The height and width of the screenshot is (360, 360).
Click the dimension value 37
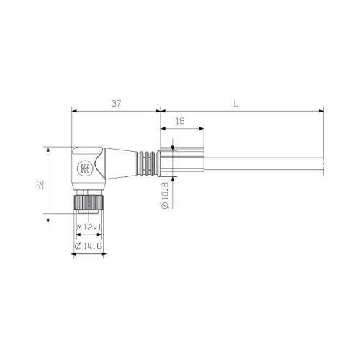(116, 104)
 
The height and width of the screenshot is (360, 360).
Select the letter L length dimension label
(235, 104)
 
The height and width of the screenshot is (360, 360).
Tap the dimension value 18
(180, 122)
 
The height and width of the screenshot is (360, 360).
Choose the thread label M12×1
(89, 228)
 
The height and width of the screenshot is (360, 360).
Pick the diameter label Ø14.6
(89, 246)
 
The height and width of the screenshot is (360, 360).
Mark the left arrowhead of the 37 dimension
(74, 112)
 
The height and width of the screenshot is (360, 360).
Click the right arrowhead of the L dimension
(321, 112)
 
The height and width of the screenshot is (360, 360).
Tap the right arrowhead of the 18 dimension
(202, 130)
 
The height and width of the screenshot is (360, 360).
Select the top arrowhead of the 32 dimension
(48, 149)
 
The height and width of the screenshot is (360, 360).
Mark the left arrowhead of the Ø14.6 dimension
(74, 253)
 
